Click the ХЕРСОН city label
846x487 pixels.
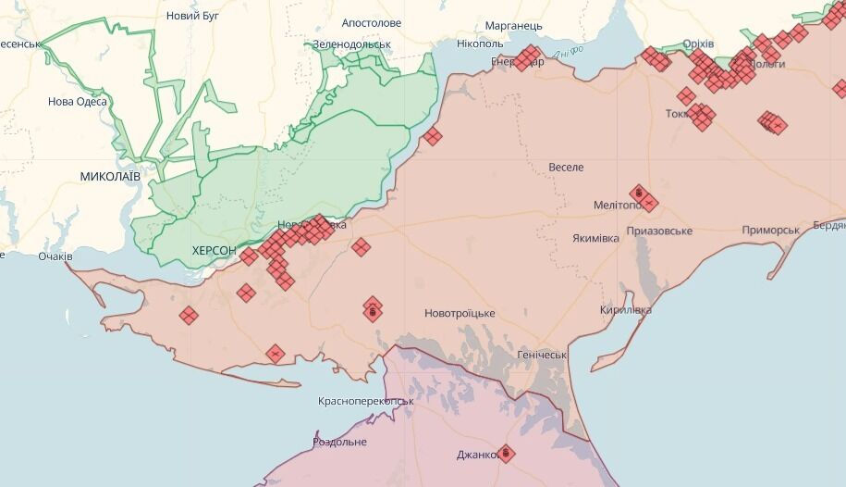point(214,251)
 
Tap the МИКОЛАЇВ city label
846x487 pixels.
point(110,176)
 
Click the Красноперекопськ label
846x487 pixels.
point(365,401)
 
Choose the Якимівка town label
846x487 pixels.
point(595,238)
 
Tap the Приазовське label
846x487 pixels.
point(659,231)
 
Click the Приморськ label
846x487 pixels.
point(770,230)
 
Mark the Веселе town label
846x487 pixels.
point(566,168)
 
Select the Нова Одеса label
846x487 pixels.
point(78,102)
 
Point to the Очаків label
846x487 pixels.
point(55,256)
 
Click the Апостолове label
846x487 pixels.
point(372,22)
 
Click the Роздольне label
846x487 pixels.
point(339,442)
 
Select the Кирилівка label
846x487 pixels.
point(625,309)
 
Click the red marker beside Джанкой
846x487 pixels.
point(505,453)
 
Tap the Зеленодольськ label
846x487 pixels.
point(351,44)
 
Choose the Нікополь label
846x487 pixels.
point(480,44)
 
